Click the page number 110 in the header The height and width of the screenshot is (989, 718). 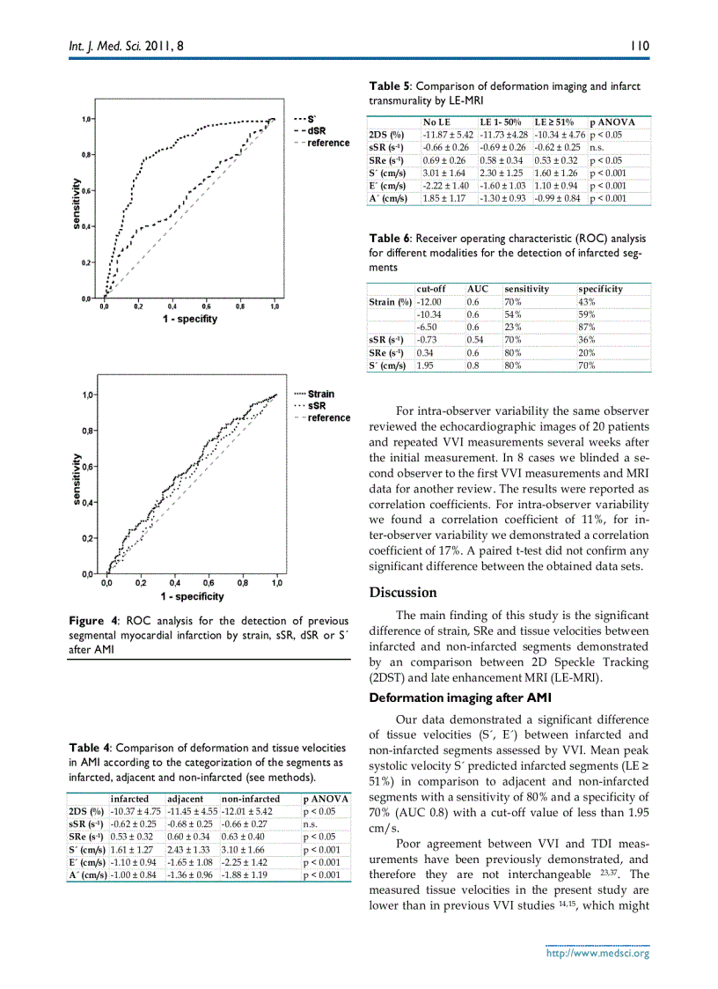(639, 45)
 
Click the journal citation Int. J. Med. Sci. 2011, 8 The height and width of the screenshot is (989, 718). (127, 45)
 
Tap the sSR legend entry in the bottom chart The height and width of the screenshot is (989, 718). (316, 406)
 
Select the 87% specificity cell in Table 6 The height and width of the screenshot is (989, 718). (587, 327)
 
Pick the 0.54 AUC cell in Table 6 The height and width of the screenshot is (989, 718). (474, 339)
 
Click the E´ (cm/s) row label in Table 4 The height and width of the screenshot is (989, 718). (86, 862)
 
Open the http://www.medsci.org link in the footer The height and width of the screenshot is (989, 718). (597, 953)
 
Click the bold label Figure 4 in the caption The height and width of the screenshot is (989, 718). (94, 620)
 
